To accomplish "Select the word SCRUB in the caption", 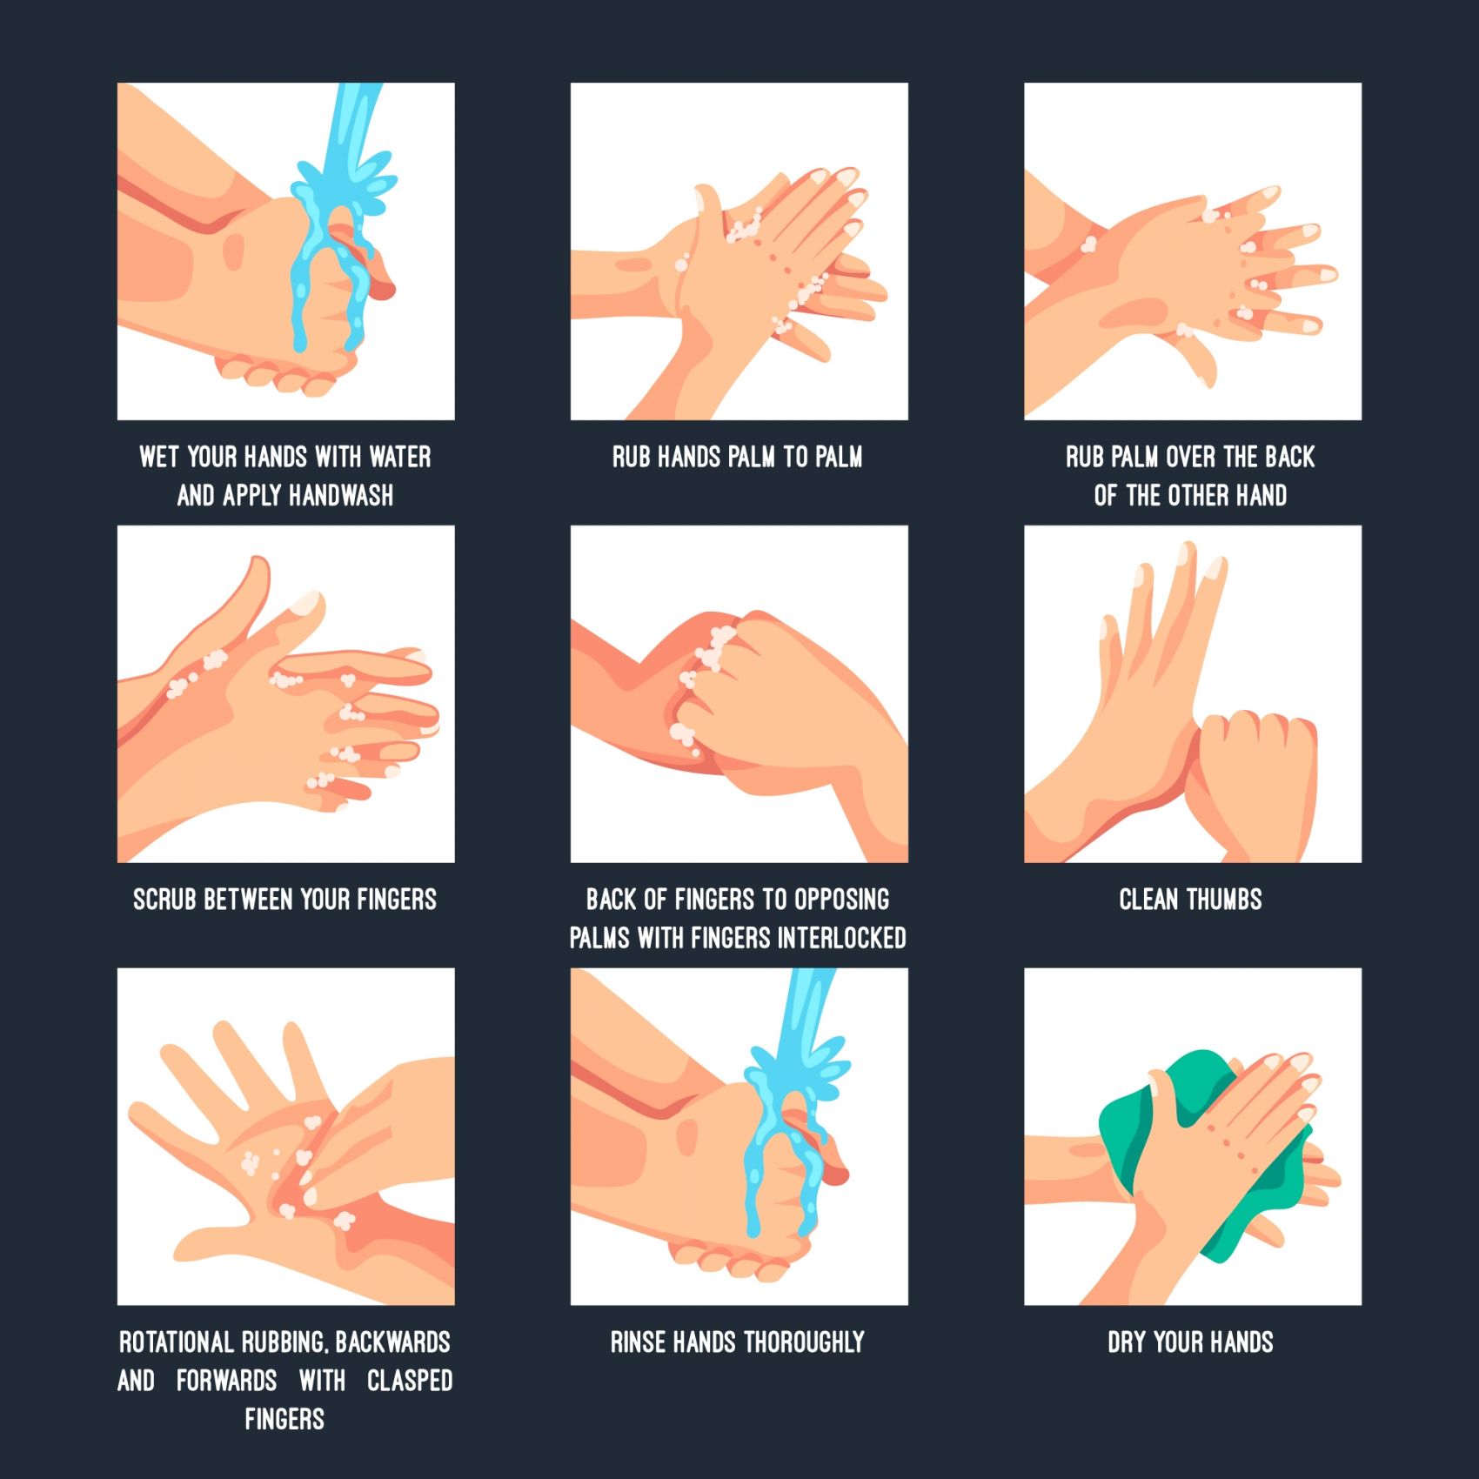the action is tap(164, 899).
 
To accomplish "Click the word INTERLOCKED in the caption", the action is tap(842, 938).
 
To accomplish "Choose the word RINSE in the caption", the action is tap(639, 1342).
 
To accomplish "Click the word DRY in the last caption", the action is tap(1127, 1342).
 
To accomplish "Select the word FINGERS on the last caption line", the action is tap(284, 1420).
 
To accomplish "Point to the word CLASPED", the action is tap(410, 1381).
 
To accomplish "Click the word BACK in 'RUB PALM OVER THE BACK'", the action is tap(1289, 457).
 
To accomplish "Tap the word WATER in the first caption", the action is tap(400, 457).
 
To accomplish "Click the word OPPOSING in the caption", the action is tap(842, 899).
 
